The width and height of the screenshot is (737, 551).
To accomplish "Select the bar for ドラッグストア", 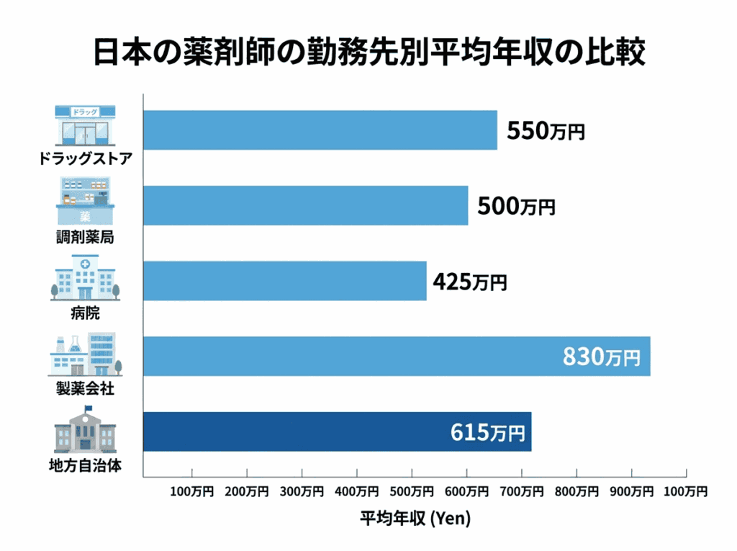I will point(320,130).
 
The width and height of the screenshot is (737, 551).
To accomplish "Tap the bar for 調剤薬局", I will point(306,205).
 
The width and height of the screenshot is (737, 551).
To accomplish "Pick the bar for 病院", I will point(285,281).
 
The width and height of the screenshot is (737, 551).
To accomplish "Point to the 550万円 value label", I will point(546,131).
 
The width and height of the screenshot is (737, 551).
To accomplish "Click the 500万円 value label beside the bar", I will point(516,207).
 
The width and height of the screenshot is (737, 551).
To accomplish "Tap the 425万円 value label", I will point(469,282).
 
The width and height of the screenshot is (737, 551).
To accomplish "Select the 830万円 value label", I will point(601,357).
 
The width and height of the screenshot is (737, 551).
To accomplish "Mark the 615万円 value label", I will point(487,432).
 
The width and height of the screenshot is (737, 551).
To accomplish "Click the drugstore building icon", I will point(86,126).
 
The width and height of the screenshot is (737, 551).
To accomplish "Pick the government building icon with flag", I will point(86,429).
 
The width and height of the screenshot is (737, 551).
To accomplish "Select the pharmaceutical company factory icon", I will point(86,354).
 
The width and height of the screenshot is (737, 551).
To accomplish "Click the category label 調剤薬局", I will point(86,236).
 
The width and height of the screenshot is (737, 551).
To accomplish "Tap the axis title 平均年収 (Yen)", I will point(414,517).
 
